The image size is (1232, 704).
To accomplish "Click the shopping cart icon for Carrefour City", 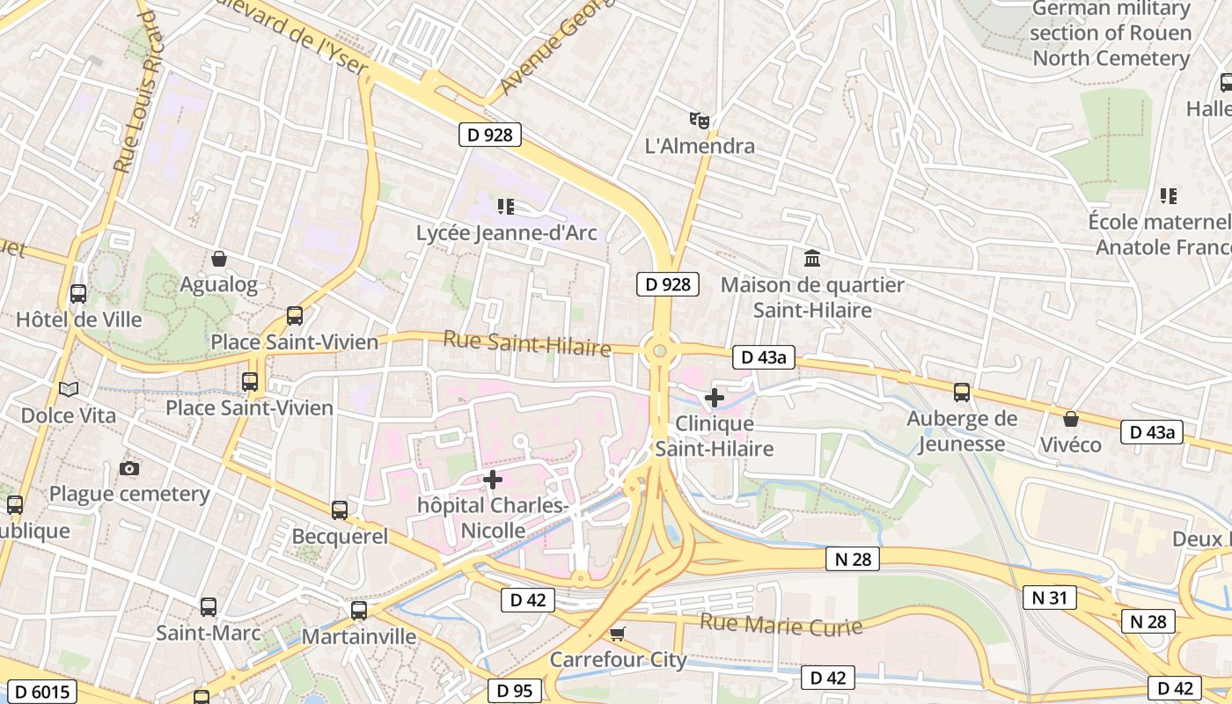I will [618, 634].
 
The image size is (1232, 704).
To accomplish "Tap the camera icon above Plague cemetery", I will [129, 468].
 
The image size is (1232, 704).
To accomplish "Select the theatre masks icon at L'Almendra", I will [700, 120].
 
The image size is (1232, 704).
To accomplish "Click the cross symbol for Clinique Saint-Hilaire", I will [715, 398].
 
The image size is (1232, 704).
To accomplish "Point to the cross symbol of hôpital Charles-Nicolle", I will [493, 480].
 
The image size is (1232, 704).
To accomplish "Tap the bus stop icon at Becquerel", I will [340, 510].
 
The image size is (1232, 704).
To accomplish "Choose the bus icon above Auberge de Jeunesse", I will [962, 392].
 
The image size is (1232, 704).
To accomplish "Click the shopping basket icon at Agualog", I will [219, 259].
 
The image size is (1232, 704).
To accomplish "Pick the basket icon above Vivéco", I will [1071, 419].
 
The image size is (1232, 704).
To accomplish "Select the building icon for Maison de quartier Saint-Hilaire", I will [812, 259].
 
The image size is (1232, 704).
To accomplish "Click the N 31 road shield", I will [1049, 598].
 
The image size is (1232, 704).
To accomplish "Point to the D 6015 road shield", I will [40, 692].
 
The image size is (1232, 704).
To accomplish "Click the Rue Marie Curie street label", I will [781, 626].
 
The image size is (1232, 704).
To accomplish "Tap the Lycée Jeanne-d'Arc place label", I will [506, 233].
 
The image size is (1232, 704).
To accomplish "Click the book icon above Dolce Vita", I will [68, 389].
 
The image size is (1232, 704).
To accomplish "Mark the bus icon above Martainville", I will [359, 610].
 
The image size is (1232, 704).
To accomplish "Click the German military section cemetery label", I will [1111, 33].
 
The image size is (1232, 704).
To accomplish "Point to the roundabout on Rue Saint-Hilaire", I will [659, 352].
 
